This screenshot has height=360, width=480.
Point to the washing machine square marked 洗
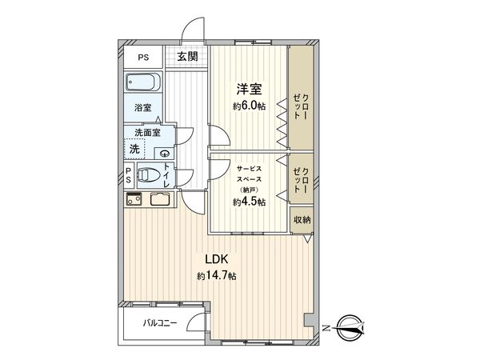pyautogui.click(x=135, y=150)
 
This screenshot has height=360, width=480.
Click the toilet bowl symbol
pyautogui.click(x=147, y=175)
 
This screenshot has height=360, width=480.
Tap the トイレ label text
pyautogui.click(x=166, y=175)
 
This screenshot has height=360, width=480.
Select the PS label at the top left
pyautogui.click(x=142, y=57)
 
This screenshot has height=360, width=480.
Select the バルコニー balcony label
pyautogui.click(x=160, y=324)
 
